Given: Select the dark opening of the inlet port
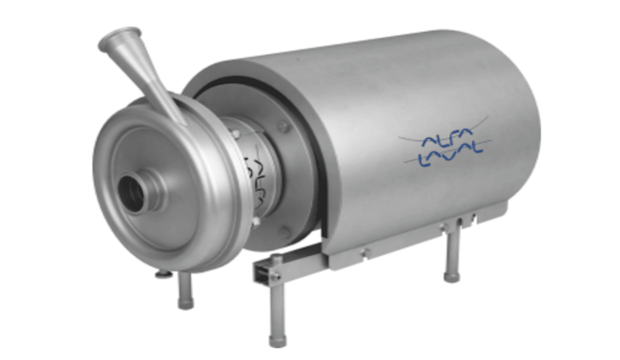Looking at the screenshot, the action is [x=131, y=194].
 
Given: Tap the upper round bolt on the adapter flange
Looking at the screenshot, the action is [x=283, y=126].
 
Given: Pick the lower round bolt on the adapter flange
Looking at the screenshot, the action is [x=284, y=231].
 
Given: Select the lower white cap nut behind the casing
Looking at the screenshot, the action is [x=256, y=221].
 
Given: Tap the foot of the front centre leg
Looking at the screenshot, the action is [x=277, y=341].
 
